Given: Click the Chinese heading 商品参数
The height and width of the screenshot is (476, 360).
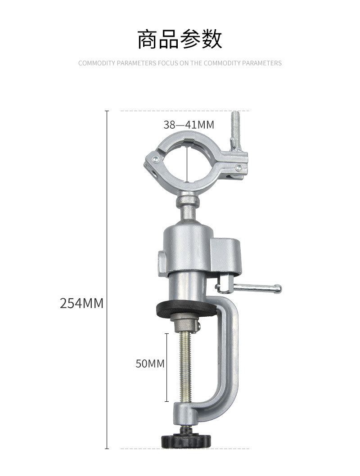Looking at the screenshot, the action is pyautogui.click(x=180, y=40).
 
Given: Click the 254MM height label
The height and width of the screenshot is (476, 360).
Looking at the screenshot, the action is pyautogui.click(x=81, y=303).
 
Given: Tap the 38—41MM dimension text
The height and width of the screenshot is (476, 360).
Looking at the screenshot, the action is pyautogui.click(x=189, y=125).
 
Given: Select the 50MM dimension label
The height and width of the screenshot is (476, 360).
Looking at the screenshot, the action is pyautogui.click(x=150, y=364).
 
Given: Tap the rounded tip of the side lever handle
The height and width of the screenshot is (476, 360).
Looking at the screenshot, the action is pyautogui.click(x=278, y=288).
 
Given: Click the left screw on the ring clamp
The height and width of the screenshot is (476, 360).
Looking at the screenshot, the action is pyautogui.click(x=156, y=158).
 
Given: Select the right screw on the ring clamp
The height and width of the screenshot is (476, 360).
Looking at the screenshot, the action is pyautogui.click(x=239, y=166).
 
